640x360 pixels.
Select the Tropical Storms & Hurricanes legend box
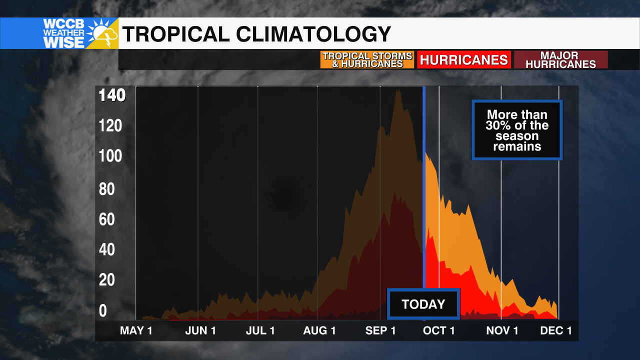(x=367, y=60)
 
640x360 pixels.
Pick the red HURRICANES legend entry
(x=463, y=60)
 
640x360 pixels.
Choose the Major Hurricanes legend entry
(x=560, y=60)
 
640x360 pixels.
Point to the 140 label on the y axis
(x=112, y=95)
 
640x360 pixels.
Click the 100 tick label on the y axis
(x=110, y=156)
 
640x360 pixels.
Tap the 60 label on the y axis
(x=106, y=219)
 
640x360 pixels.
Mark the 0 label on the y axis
(x=102, y=310)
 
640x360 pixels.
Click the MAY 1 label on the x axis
(x=136, y=330)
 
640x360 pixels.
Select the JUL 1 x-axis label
(x=260, y=330)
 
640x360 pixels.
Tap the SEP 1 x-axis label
(x=380, y=330)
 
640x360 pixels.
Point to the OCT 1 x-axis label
(x=438, y=330)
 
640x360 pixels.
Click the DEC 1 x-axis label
(x=556, y=330)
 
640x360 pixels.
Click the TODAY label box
(x=423, y=304)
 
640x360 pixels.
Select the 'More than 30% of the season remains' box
(x=517, y=130)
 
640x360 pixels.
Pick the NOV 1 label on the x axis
(x=502, y=330)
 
